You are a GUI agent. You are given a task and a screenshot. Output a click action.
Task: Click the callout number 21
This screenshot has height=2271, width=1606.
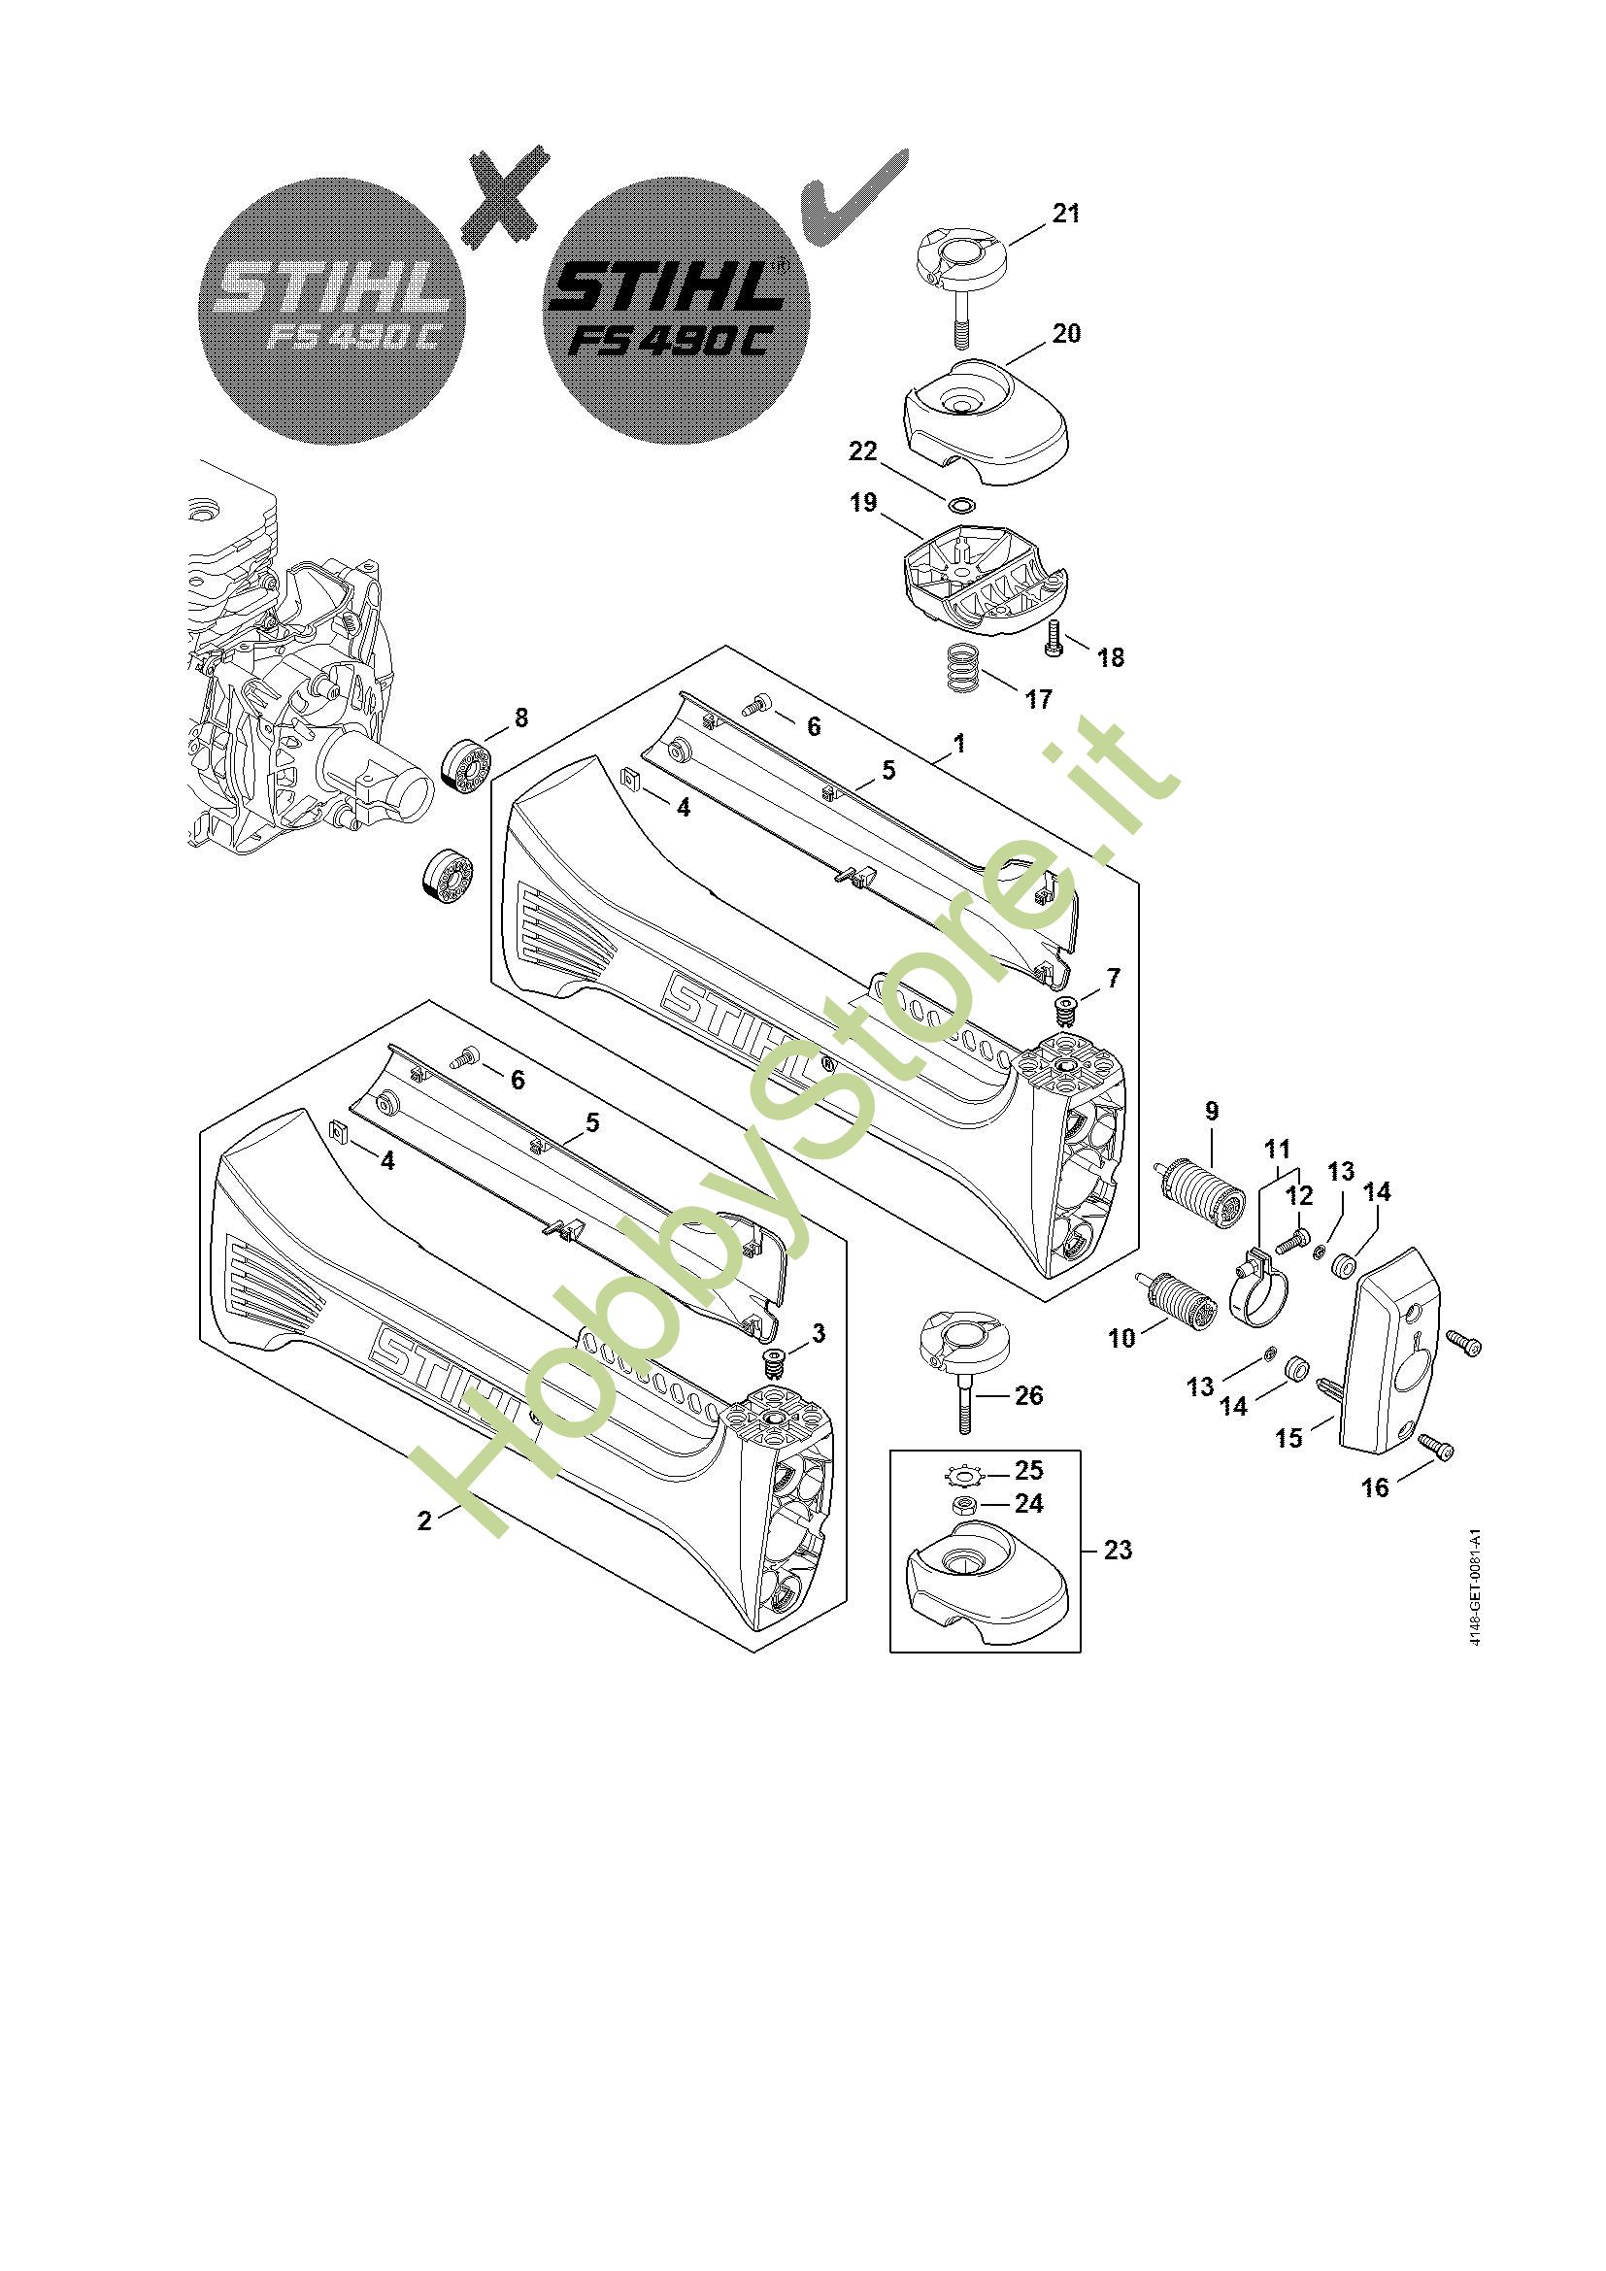1065,213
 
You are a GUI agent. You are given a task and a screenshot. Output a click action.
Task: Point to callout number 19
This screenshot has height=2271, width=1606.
863,503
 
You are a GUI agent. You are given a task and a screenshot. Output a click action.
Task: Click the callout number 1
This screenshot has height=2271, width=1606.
958,743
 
